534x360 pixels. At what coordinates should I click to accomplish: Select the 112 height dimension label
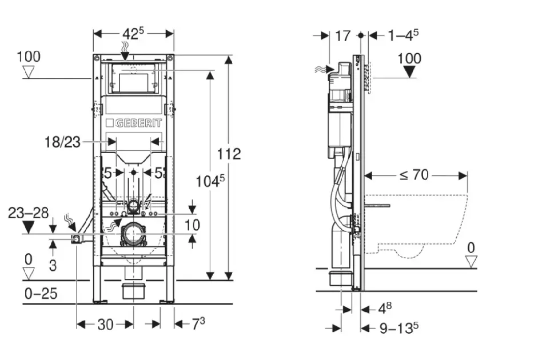(x=229, y=154)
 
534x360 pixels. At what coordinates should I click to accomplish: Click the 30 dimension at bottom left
(x=105, y=325)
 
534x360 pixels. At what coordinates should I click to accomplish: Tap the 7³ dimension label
(x=198, y=324)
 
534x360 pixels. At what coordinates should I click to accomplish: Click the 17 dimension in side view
(x=342, y=35)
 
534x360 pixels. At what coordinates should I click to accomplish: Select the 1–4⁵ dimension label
(x=403, y=35)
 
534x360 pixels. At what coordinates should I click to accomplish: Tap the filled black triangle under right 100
(x=409, y=71)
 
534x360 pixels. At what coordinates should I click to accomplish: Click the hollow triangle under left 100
(x=29, y=72)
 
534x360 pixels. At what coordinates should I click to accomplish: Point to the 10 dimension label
(x=193, y=225)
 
